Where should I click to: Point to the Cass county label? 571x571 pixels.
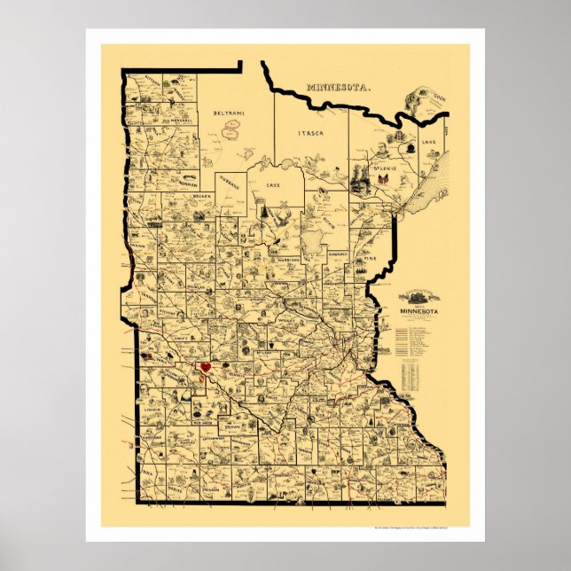[273, 185]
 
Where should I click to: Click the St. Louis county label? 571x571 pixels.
[384, 167]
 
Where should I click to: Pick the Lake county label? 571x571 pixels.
[429, 142]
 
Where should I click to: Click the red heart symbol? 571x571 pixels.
[205, 366]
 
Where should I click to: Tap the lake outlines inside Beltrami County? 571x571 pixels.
[233, 128]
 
